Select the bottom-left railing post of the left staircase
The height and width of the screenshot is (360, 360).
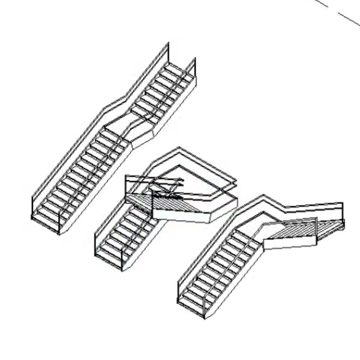tap(32, 206)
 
